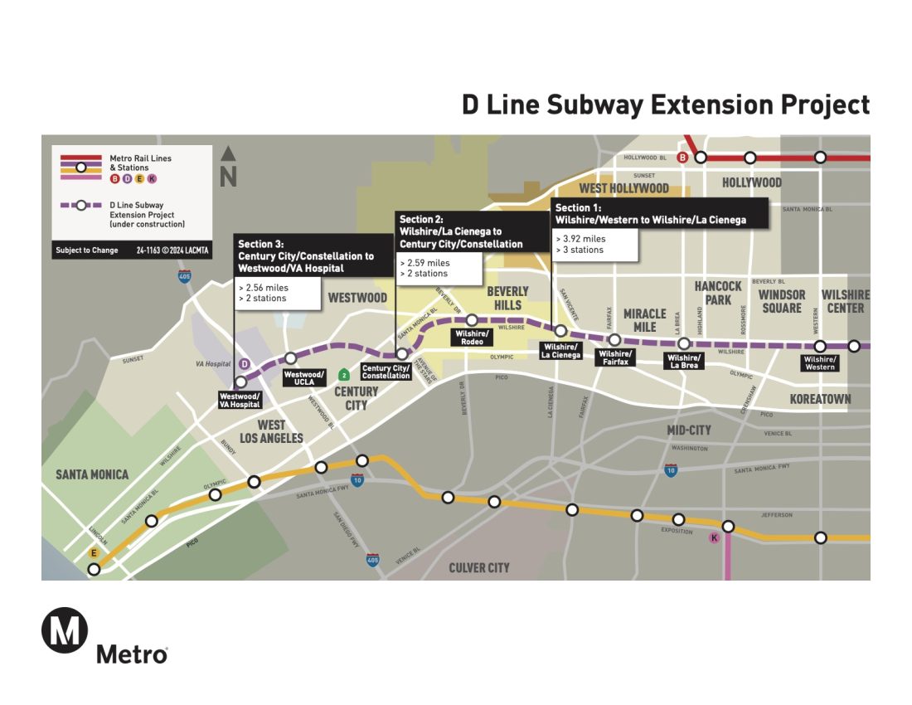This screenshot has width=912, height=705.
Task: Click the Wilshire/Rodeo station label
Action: point(471,338)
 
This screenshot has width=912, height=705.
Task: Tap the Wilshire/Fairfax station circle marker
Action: point(615,340)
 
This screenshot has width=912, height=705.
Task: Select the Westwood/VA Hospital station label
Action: point(240,401)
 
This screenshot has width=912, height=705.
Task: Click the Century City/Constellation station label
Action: point(386,372)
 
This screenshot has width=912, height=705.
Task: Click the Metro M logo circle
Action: point(65,630)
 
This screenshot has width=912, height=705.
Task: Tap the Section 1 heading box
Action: point(658,213)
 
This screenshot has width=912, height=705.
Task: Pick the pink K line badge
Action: point(713,537)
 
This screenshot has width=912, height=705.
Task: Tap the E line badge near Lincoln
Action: point(95,553)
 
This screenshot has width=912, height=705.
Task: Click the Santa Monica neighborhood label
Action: point(92,474)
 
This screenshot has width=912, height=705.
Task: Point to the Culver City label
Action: point(479,568)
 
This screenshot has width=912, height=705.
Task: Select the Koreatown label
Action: point(820,399)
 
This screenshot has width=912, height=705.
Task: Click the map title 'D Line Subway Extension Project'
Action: point(666,105)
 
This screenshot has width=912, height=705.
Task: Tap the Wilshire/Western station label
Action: point(820,363)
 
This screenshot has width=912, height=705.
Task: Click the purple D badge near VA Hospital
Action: point(244,364)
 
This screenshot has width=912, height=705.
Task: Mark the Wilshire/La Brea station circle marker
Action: point(683,343)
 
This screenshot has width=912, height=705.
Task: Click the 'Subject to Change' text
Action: point(87,250)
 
